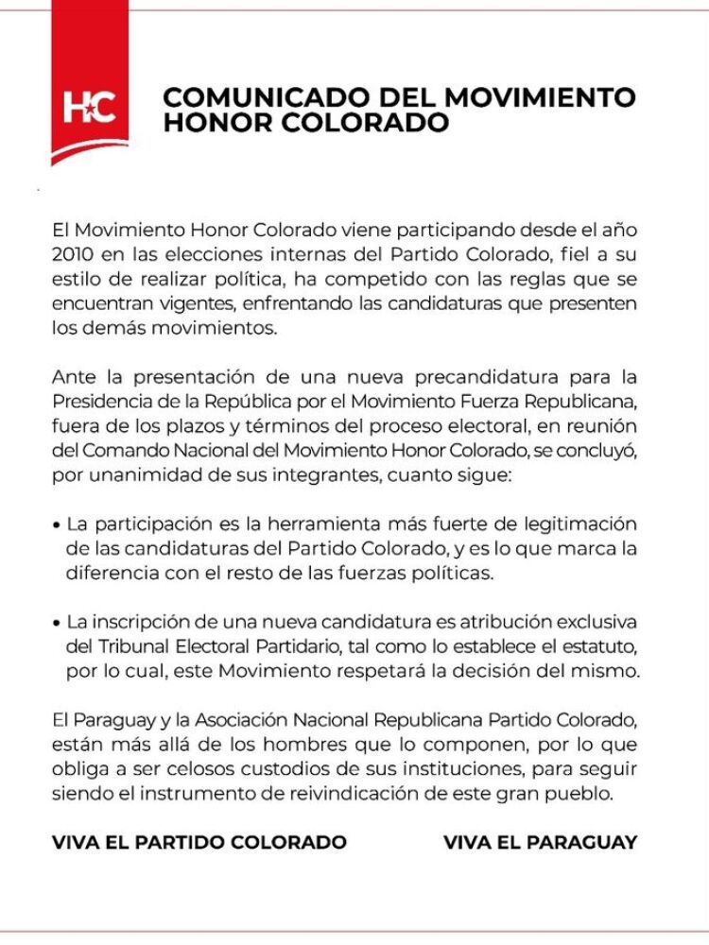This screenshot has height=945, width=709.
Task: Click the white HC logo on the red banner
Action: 90,108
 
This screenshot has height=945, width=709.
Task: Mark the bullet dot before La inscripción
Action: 58,623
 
